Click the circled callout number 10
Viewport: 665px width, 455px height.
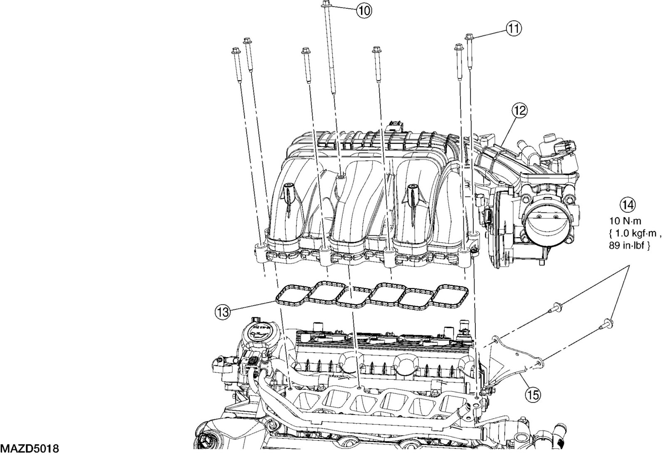point(363,10)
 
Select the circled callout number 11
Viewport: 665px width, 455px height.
point(514,28)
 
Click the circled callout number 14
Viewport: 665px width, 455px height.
point(628,205)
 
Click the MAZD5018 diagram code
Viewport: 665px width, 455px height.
point(29,449)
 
